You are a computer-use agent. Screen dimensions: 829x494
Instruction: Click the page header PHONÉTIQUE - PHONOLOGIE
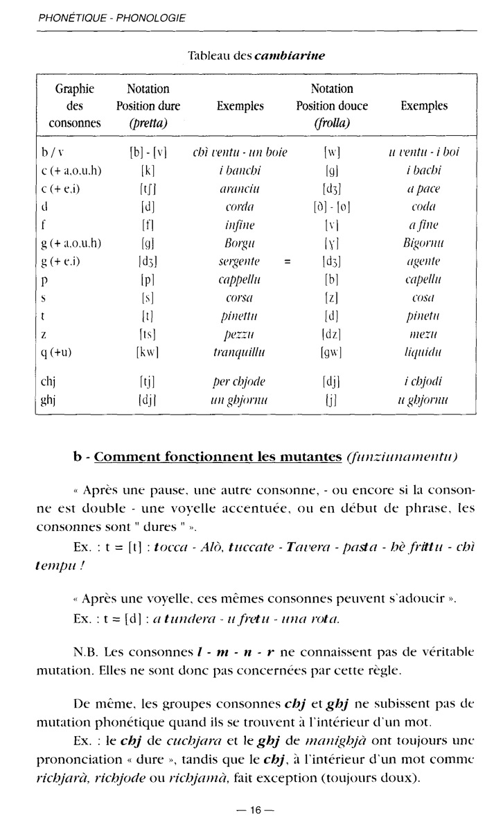pos(112,18)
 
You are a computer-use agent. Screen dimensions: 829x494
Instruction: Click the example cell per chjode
pos(240,381)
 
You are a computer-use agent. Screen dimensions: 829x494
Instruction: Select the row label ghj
pos(48,399)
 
